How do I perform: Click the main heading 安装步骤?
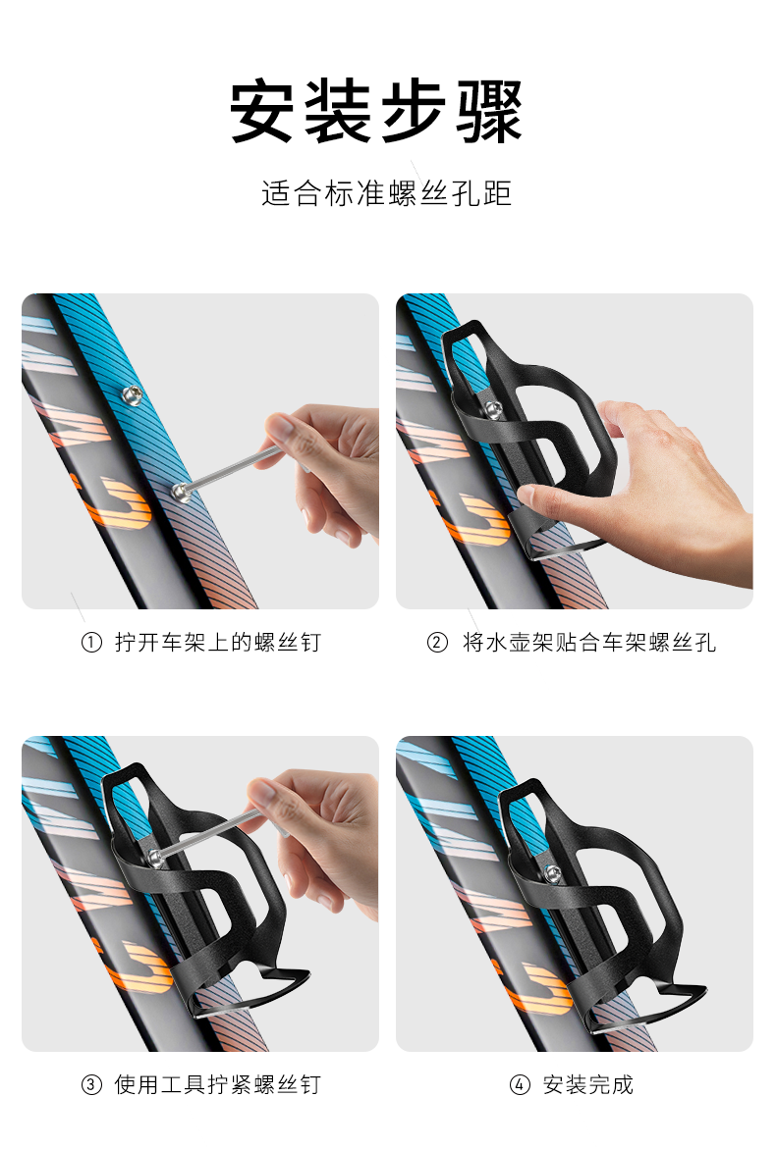376,111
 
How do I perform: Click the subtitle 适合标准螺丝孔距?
386,193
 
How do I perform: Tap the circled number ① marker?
91,643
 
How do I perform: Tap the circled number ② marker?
437,643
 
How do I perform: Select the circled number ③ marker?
91,1084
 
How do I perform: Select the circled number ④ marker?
519,1084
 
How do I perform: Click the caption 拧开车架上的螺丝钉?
218,643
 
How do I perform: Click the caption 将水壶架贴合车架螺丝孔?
588,643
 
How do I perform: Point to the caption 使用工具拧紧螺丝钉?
217,1084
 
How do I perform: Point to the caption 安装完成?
587,1084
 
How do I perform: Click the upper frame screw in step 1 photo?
133,396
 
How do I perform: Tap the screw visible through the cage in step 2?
493,410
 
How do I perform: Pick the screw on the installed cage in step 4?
552,873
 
